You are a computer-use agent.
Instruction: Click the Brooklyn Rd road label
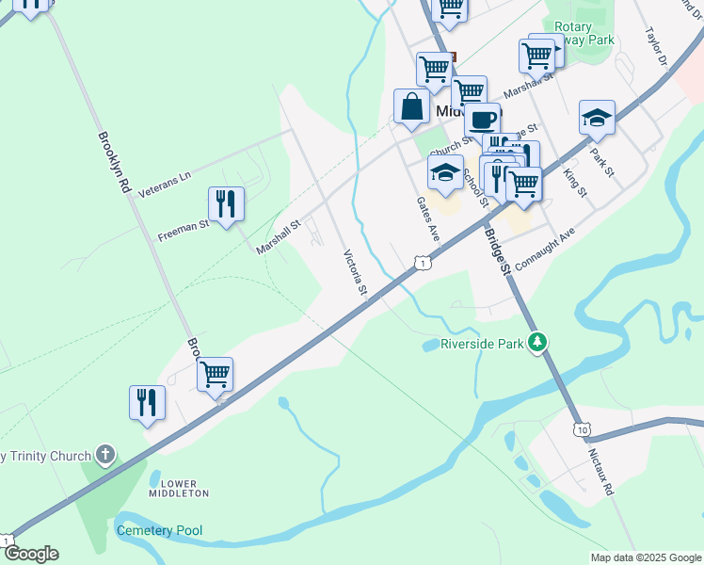point(112,162)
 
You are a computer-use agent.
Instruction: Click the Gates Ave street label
point(428,218)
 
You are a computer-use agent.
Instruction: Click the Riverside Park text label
point(482,345)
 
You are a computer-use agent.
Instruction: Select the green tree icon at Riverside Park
point(537,342)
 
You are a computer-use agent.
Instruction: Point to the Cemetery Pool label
point(159,531)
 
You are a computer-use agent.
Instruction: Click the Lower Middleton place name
point(179,487)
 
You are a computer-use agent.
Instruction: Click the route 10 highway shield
point(584,429)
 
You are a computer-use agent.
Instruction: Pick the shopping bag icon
point(412,105)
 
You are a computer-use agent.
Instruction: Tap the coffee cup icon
point(482,119)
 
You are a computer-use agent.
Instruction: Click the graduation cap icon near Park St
point(597,117)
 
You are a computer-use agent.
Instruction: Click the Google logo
point(30,554)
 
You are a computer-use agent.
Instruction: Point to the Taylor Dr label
point(655,43)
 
